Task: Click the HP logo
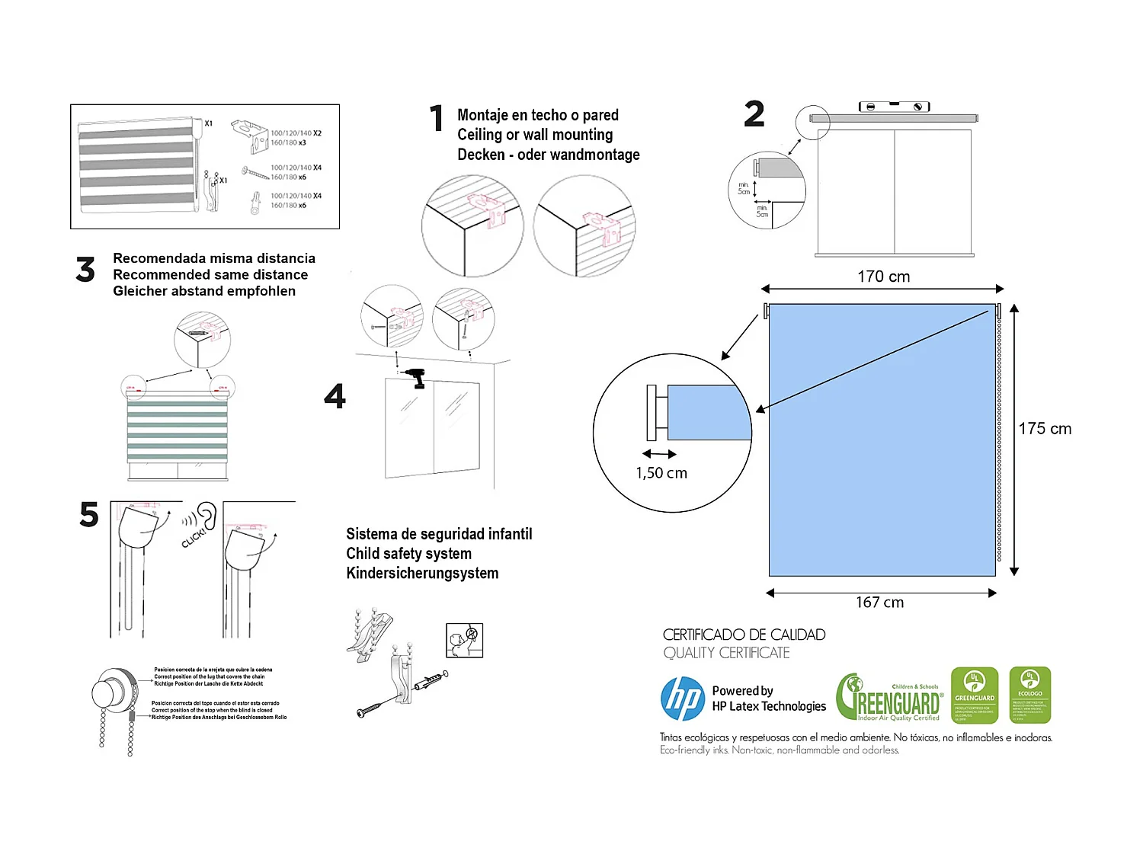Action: (x=683, y=699)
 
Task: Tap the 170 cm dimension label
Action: (x=883, y=277)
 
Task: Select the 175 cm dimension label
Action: (x=1045, y=429)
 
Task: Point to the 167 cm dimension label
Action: (x=879, y=603)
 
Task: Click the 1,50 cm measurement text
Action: (x=661, y=473)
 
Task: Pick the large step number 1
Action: (x=437, y=118)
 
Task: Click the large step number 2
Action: (x=754, y=114)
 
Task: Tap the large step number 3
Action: (x=85, y=270)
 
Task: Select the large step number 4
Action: (x=335, y=396)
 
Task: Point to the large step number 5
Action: (x=89, y=515)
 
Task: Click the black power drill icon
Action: (x=416, y=378)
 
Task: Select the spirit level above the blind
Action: (x=894, y=107)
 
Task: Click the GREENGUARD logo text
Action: (x=890, y=698)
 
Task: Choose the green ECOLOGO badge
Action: (x=1029, y=695)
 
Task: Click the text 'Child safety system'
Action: (x=408, y=554)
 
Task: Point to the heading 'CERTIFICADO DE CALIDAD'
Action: (x=744, y=635)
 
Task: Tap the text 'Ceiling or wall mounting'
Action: (x=535, y=135)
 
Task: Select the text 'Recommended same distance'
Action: (x=210, y=275)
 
